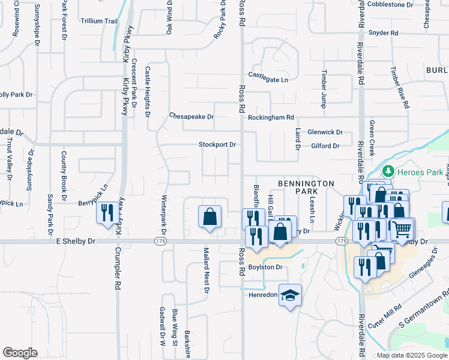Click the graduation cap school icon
291,295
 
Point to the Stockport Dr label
218,145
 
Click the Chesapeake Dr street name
191,116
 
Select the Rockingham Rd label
271,118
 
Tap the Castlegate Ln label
268,79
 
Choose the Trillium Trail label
100,21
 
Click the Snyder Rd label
384,33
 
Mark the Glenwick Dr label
325,132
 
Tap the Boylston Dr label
265,268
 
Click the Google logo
20,353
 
